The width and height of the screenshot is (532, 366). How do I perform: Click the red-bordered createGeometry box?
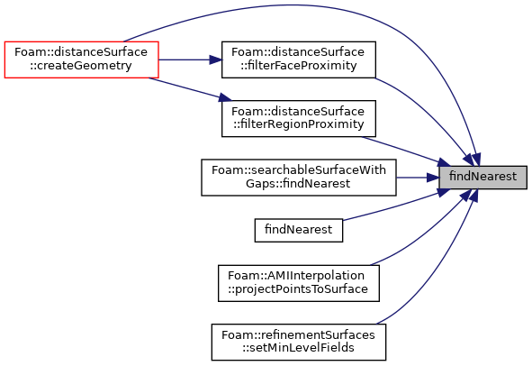81,59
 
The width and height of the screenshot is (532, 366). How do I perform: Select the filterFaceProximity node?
299,59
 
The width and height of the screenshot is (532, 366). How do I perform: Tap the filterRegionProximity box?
299,119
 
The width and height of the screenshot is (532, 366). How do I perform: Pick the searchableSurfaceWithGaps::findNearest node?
299,178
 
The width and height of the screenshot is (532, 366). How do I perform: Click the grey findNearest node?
482,178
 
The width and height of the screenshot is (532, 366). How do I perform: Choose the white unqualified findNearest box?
299,230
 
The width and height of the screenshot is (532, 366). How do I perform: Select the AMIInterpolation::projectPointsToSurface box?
299,283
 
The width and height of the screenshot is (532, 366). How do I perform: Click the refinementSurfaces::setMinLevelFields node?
299,343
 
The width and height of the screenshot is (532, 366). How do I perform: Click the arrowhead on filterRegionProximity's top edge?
225,97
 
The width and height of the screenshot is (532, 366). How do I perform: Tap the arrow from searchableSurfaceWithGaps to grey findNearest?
418,178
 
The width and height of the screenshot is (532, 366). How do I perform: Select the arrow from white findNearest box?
393,206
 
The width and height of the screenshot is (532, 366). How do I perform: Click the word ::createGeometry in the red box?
81,66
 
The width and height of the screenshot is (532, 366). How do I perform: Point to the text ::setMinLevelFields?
299,348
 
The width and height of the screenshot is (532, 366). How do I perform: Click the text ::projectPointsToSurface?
298,288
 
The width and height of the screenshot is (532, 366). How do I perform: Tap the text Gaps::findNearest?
298,184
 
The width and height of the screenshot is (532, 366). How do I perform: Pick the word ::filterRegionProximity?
299,124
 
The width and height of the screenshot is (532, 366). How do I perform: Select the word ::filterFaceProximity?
299,66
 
